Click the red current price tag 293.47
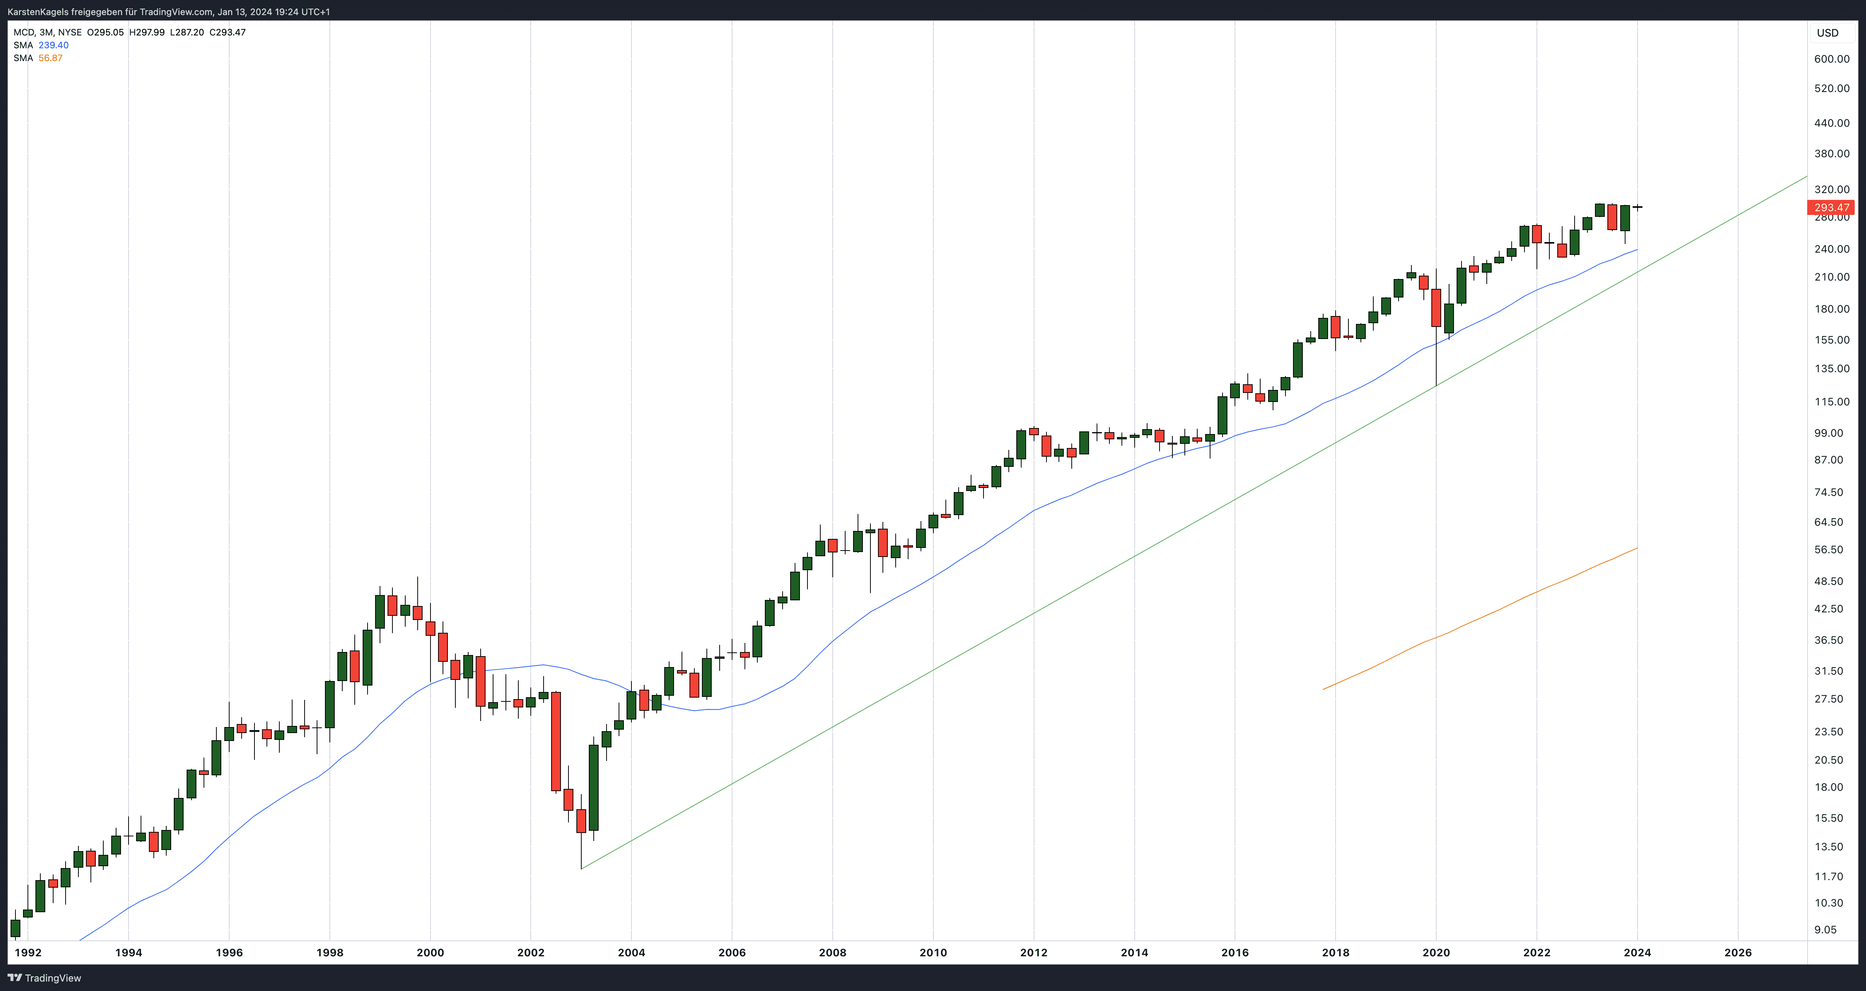[x=1831, y=207]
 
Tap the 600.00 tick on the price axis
[x=1831, y=59]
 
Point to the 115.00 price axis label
[x=1831, y=401]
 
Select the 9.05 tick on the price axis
[x=1831, y=930]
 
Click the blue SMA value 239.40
[x=54, y=45]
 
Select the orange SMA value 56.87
[x=51, y=58]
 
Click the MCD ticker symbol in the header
[x=23, y=32]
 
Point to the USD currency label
[x=1828, y=32]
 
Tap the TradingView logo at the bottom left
[x=45, y=978]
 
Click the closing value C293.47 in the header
[x=227, y=32]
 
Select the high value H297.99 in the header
[x=147, y=32]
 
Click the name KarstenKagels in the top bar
[x=38, y=12]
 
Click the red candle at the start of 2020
[x=1436, y=307]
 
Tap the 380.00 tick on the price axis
[x=1831, y=153]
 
